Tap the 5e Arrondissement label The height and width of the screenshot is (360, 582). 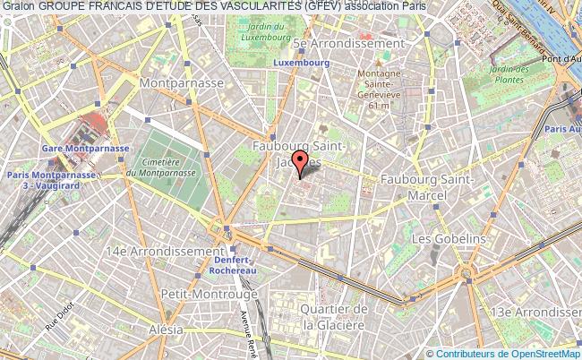coord(348,43)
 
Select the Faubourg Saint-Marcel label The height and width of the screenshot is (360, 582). coord(426,187)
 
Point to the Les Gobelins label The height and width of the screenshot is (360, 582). coord(448,239)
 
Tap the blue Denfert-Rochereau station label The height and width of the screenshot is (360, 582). coord(233,262)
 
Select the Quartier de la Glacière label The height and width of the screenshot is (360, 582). coord(335,317)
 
